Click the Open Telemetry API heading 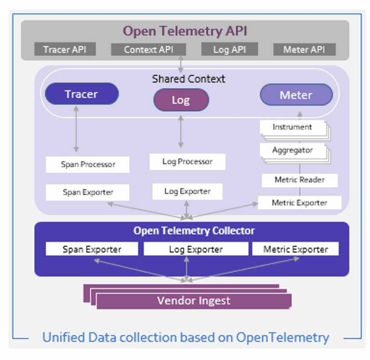point(185,31)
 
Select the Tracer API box point(65,49)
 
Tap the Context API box point(148,49)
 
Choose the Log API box point(229,49)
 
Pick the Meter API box point(304,49)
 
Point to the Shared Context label point(188,79)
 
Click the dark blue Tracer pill point(81,94)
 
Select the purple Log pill point(181,100)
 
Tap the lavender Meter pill point(296,95)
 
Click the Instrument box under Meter point(292,127)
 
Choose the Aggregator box point(292,150)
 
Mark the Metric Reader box point(299,180)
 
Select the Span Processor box point(88,164)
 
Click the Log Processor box point(187,161)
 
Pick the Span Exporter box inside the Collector point(92,249)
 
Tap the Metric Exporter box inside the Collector point(295,249)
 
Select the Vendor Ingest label point(193,301)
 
